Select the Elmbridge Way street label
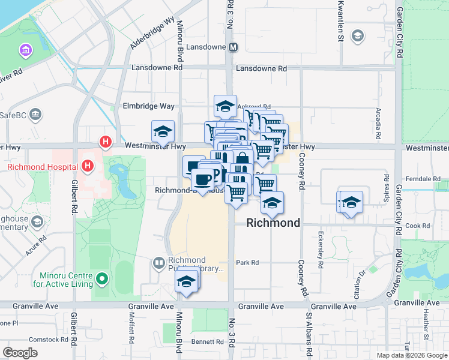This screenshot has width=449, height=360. (x=148, y=106)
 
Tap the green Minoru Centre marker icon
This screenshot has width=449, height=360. (x=101, y=278)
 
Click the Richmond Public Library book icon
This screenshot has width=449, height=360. (x=159, y=263)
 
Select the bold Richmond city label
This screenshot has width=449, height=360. (x=273, y=223)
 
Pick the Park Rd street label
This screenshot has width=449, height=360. (x=247, y=263)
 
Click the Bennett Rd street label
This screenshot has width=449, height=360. (x=208, y=342)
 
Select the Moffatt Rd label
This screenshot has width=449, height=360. (x=132, y=329)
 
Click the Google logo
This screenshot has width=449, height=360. (x=20, y=353)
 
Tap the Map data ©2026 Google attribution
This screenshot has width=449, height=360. (x=412, y=355)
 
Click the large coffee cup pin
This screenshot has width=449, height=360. (x=202, y=179)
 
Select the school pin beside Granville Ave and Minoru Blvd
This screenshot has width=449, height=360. (x=187, y=282)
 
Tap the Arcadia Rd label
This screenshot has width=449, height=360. (x=378, y=122)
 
